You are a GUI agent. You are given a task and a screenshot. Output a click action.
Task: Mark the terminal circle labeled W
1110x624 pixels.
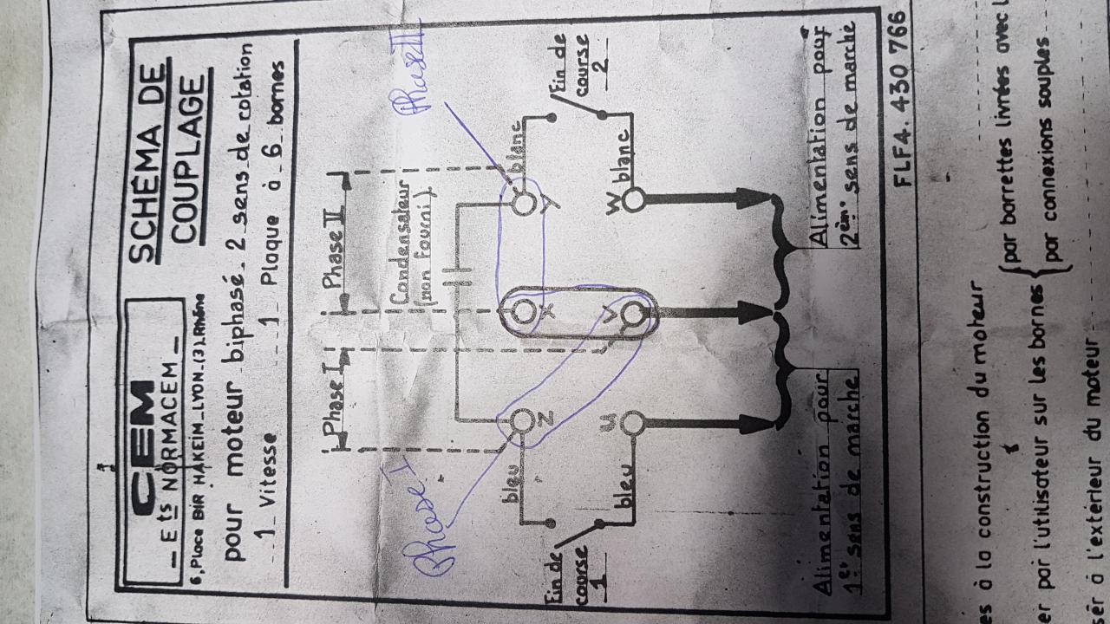coord(634,200)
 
